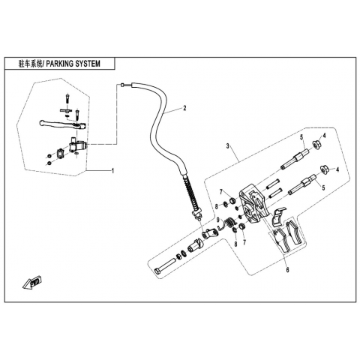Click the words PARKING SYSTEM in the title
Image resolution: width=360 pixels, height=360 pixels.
point(73,64)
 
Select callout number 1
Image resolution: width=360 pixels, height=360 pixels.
point(112,171)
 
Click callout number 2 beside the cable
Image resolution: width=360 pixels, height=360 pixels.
point(184,108)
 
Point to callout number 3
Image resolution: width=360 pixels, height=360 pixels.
point(228,146)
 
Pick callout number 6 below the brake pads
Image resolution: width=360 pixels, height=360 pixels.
point(288,270)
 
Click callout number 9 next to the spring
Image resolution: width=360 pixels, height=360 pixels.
point(218,220)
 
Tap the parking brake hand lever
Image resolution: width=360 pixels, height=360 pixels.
point(62,125)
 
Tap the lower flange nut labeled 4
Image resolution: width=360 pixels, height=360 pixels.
point(325,169)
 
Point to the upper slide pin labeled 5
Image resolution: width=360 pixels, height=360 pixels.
point(295,159)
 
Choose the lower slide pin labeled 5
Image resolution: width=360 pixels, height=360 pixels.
point(302,185)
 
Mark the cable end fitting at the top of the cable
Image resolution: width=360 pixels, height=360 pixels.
point(122,85)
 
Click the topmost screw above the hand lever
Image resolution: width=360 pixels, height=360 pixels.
point(67,98)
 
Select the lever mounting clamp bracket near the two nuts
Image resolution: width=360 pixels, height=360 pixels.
point(60,153)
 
